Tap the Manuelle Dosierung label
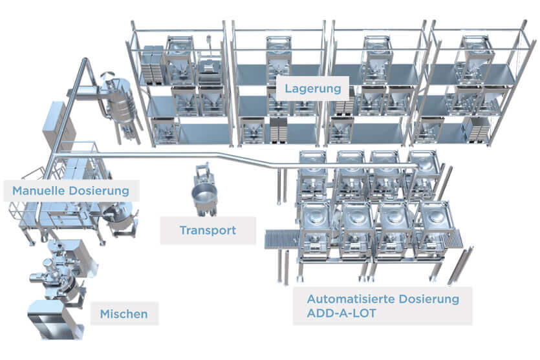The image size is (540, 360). point(75,191)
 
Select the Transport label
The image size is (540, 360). point(208,230)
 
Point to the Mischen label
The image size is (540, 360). point(124,315)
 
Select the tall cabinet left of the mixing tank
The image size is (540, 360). point(55,126)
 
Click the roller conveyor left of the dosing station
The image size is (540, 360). point(281,237)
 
